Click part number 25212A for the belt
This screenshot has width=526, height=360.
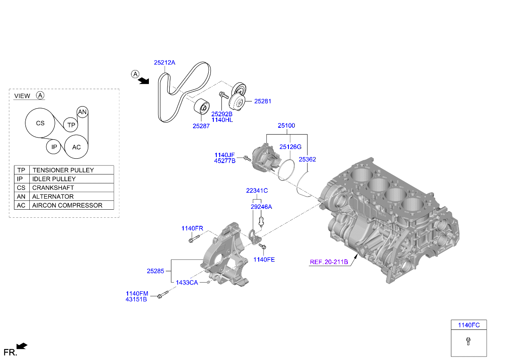tap(164, 62)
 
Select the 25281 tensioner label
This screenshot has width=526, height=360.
tap(263, 101)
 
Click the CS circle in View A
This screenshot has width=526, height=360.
tap(40, 124)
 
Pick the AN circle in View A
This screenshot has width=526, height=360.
tap(82, 112)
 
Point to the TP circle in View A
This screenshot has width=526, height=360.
tap(71, 125)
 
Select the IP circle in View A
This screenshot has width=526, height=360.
tap(54, 147)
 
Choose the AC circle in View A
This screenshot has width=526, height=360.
tap(76, 147)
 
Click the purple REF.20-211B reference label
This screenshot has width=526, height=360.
tap(329, 262)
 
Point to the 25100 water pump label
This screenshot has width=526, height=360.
tap(286, 126)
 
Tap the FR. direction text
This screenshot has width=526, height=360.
tap(10, 352)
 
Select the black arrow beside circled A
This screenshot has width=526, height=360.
tap(145, 81)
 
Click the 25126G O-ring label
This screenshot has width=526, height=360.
tap(290, 147)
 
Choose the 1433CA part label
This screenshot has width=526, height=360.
tap(187, 283)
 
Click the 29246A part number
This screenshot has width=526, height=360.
tap(261, 207)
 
